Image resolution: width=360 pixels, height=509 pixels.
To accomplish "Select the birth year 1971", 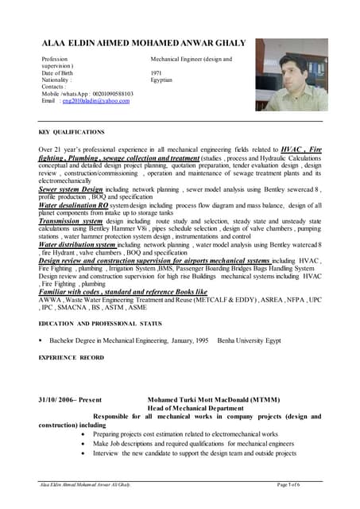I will tap(156, 73).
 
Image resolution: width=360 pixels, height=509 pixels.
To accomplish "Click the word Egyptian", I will tap(162, 80).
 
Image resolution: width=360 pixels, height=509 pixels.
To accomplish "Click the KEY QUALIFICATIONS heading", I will tap(72, 130).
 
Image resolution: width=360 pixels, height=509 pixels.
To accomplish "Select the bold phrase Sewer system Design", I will tap(71, 190).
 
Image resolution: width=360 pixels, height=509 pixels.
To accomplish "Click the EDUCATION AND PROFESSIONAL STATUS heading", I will tap(100, 324).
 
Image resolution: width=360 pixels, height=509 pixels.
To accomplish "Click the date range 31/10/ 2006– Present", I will tap(70, 400).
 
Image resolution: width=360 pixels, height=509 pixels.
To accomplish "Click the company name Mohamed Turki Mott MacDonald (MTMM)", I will tap(210, 400).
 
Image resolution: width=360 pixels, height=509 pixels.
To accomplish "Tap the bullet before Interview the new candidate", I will tap(84, 453).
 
